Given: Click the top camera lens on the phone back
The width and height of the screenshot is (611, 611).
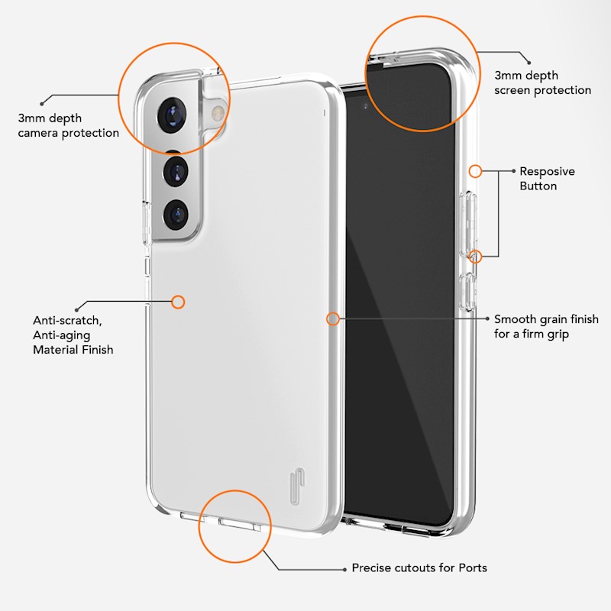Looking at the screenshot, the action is click(x=172, y=115).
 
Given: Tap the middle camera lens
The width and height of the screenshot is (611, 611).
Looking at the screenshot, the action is click(x=176, y=171).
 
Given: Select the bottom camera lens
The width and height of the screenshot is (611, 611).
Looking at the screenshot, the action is click(x=176, y=215).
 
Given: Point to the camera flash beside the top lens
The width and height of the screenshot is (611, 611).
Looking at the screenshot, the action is click(x=217, y=113).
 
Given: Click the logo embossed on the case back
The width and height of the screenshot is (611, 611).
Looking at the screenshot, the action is click(x=297, y=487).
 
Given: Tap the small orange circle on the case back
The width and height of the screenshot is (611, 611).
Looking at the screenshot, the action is click(x=178, y=302).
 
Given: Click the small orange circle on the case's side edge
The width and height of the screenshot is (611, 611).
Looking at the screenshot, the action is click(x=332, y=319).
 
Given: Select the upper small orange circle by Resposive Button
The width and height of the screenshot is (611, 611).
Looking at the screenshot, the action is click(x=475, y=171).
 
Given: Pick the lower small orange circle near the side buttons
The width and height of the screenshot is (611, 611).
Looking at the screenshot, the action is click(x=475, y=257).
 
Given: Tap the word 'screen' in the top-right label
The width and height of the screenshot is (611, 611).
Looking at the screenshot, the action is click(x=512, y=90).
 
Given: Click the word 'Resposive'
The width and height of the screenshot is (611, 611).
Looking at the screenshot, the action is click(x=547, y=172).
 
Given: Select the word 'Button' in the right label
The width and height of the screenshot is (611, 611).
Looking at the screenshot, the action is click(x=538, y=186).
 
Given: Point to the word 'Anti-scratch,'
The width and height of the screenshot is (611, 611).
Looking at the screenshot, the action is click(x=67, y=321).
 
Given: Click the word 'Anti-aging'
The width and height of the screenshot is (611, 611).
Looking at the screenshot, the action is click(x=62, y=335).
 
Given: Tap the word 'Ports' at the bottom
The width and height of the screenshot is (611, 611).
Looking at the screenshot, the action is click(x=473, y=567).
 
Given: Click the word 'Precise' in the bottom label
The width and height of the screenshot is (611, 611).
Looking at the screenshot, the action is click(x=370, y=567).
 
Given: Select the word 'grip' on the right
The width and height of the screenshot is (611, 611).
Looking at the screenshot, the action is click(x=558, y=335).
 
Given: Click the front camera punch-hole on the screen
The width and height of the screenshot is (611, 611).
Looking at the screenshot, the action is click(x=365, y=106).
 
